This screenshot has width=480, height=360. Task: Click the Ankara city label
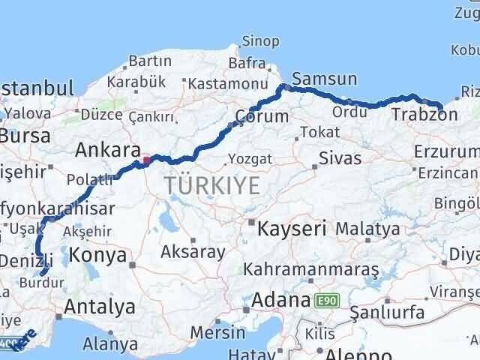pyautogui.click(x=108, y=149)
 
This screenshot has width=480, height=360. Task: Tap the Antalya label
pyautogui.click(x=100, y=306)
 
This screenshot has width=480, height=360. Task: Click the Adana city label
pyautogui.click(x=280, y=300)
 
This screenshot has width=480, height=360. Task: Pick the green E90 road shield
pyautogui.click(x=325, y=301)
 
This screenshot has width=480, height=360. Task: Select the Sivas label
pyautogui.click(x=340, y=158)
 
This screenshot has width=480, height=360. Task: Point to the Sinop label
pyautogui.click(x=261, y=40)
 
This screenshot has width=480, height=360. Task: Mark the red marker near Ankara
pyautogui.click(x=147, y=159)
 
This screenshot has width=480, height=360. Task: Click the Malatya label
pyautogui.click(x=367, y=228)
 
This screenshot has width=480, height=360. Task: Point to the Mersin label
pyautogui.click(x=218, y=331)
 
